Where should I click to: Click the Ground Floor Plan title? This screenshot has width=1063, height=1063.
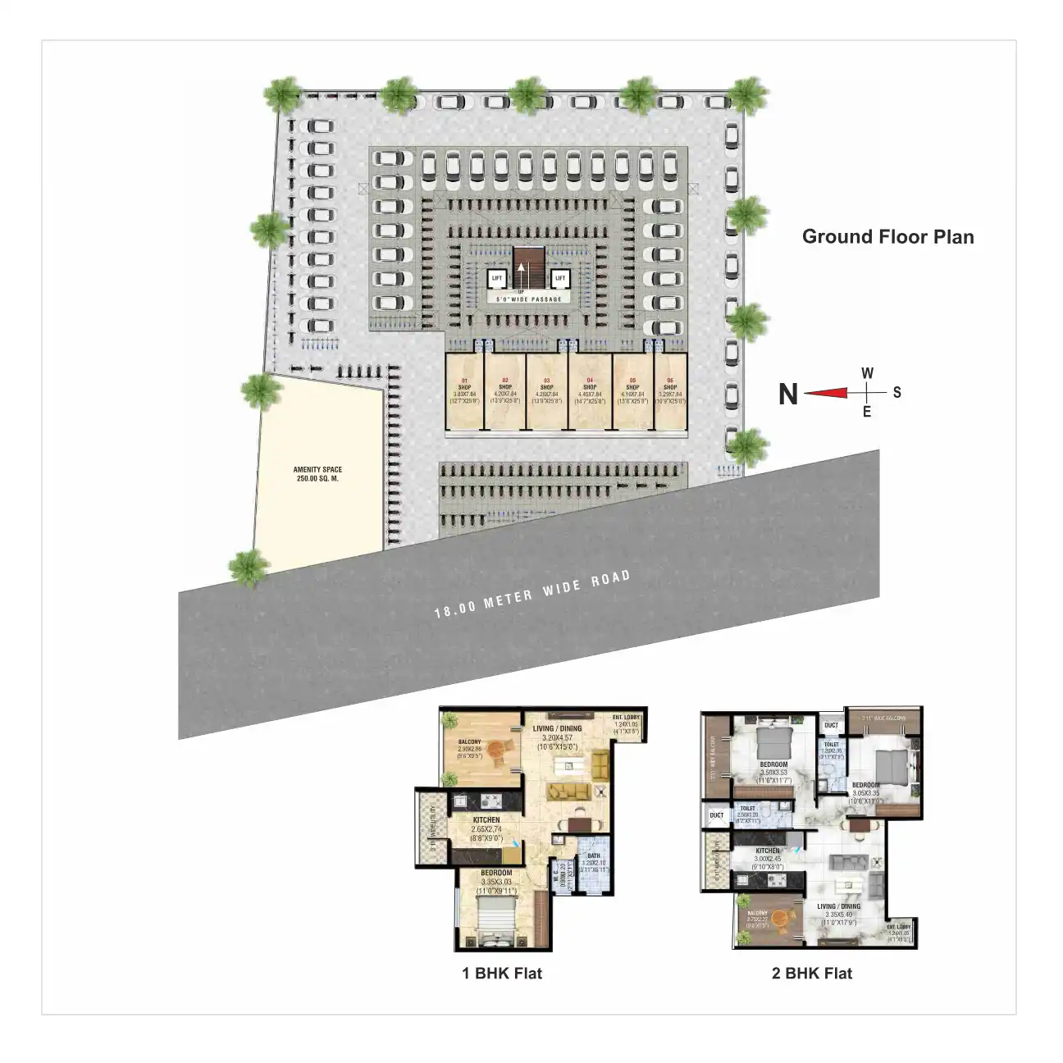[x=887, y=237]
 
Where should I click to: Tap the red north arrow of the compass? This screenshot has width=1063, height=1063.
[x=824, y=394]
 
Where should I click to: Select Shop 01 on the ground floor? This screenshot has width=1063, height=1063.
[x=464, y=391]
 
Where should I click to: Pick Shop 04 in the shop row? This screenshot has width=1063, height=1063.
[x=591, y=391]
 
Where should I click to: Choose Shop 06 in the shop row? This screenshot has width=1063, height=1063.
[x=670, y=391]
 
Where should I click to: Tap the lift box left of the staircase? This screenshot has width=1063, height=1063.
[x=496, y=279]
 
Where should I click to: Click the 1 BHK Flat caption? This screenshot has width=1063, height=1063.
[x=502, y=974]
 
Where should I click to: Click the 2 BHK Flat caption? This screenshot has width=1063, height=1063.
[x=812, y=974]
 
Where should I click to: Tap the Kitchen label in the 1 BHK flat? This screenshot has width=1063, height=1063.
[x=486, y=820]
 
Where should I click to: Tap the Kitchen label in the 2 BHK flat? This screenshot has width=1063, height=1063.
[x=768, y=852]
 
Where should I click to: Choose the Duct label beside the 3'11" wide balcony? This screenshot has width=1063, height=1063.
[x=831, y=725]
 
